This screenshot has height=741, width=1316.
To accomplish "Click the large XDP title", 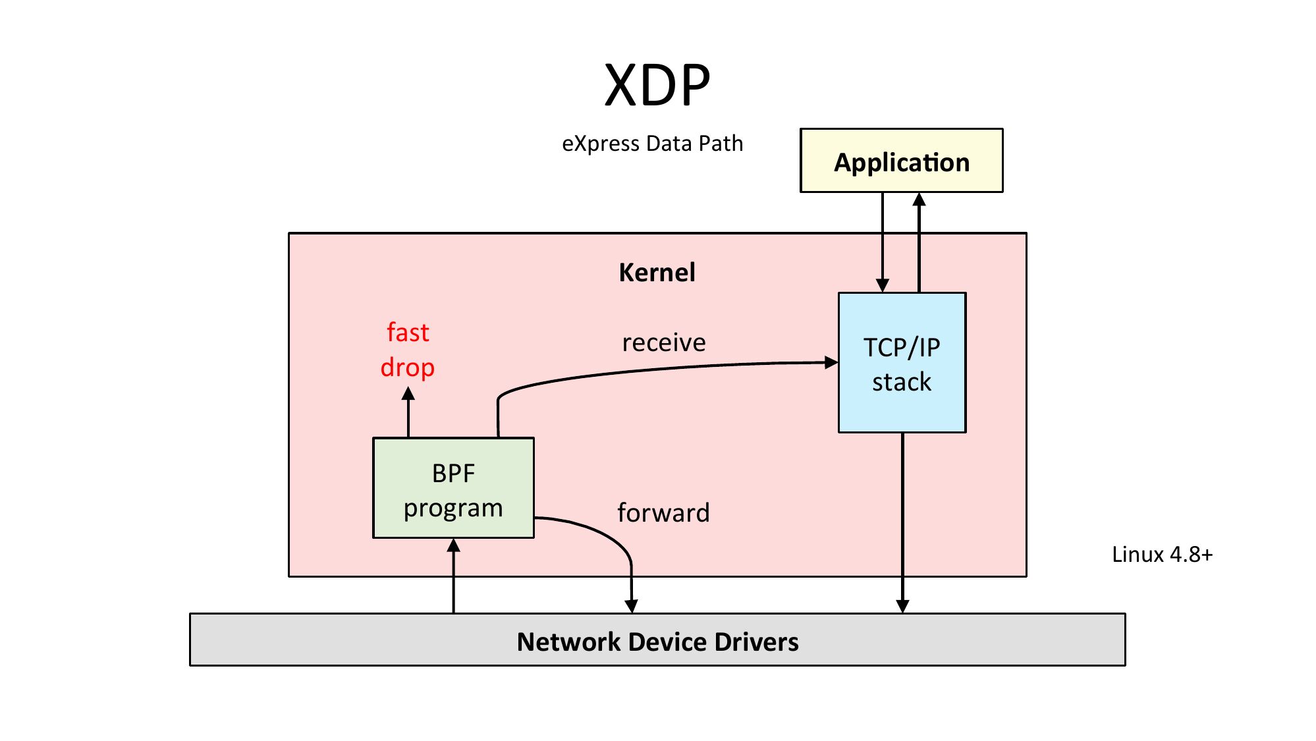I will pyautogui.click(x=657, y=86).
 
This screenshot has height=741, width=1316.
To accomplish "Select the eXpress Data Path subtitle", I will pyautogui.click(x=652, y=144).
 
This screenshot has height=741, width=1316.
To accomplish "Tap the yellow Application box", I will pyautogui.click(x=901, y=161).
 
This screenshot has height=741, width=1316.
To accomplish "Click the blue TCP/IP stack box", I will pyautogui.click(x=902, y=364).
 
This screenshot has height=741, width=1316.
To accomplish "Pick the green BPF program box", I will pyautogui.click(x=453, y=489).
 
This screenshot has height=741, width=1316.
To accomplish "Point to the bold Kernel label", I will pyautogui.click(x=657, y=273).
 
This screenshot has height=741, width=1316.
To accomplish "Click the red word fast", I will pyautogui.click(x=408, y=333).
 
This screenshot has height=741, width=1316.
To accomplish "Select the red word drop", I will pyautogui.click(x=408, y=368).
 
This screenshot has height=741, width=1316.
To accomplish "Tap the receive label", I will pyautogui.click(x=664, y=343).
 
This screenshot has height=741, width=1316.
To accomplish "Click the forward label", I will pyautogui.click(x=664, y=513).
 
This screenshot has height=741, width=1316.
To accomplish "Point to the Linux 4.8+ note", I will pyautogui.click(x=1162, y=555).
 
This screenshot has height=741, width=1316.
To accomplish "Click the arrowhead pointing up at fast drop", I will pyautogui.click(x=408, y=394).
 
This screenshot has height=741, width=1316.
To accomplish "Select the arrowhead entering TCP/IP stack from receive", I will pyautogui.click(x=831, y=362).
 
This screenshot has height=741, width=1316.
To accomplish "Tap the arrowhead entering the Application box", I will pyautogui.click(x=919, y=199).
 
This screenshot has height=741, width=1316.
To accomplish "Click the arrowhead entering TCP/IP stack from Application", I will pyautogui.click(x=883, y=285).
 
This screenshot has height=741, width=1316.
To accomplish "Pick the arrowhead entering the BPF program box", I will pyautogui.click(x=453, y=545).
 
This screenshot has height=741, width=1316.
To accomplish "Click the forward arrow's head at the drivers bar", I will pyautogui.click(x=631, y=606).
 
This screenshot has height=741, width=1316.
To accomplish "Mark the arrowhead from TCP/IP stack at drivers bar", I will pyautogui.click(x=902, y=606).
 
